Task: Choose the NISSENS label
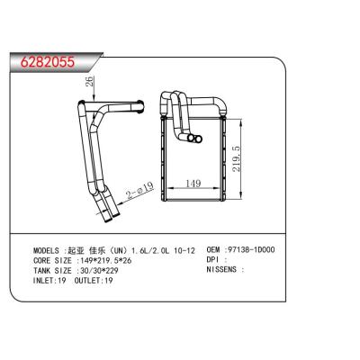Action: pyautogui.click(x=226, y=269)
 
